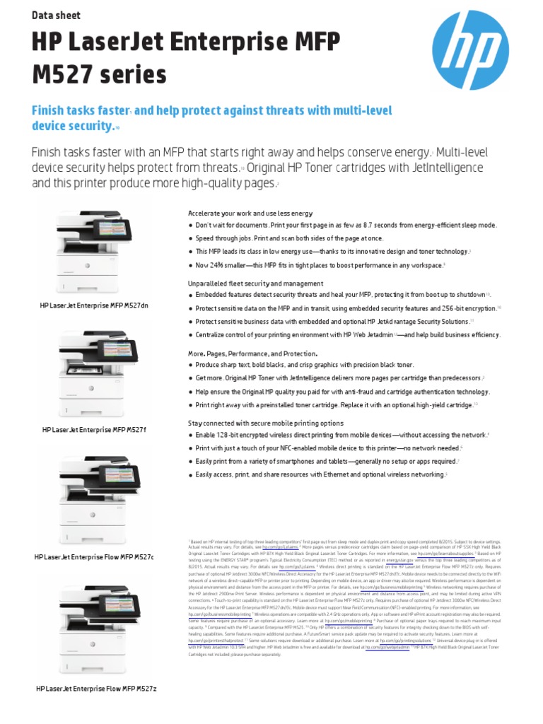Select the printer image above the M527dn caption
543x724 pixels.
(95, 253)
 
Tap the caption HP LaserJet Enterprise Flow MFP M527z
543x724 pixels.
(95, 688)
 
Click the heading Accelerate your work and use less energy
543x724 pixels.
(250, 214)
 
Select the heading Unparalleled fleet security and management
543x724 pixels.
(255, 283)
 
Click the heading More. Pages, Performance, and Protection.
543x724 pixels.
(252, 353)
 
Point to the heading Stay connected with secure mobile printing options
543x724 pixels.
(265, 423)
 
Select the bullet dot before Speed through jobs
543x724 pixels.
(190, 239)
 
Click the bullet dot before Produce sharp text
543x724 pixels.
(190, 365)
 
